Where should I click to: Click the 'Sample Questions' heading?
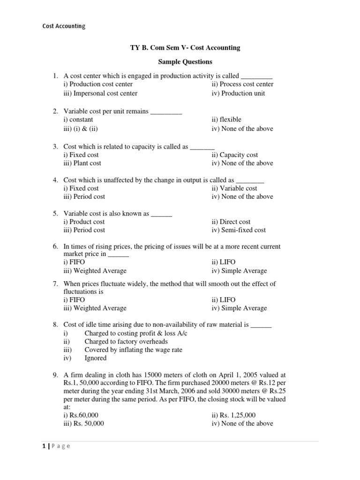184,61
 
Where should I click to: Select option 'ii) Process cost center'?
242,84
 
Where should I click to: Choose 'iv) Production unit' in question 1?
238,93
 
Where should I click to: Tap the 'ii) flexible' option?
226,120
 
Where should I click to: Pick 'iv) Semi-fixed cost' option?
239,230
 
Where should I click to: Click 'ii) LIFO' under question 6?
223,262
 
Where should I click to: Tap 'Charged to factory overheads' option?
126,342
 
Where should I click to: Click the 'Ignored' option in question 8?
95,358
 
